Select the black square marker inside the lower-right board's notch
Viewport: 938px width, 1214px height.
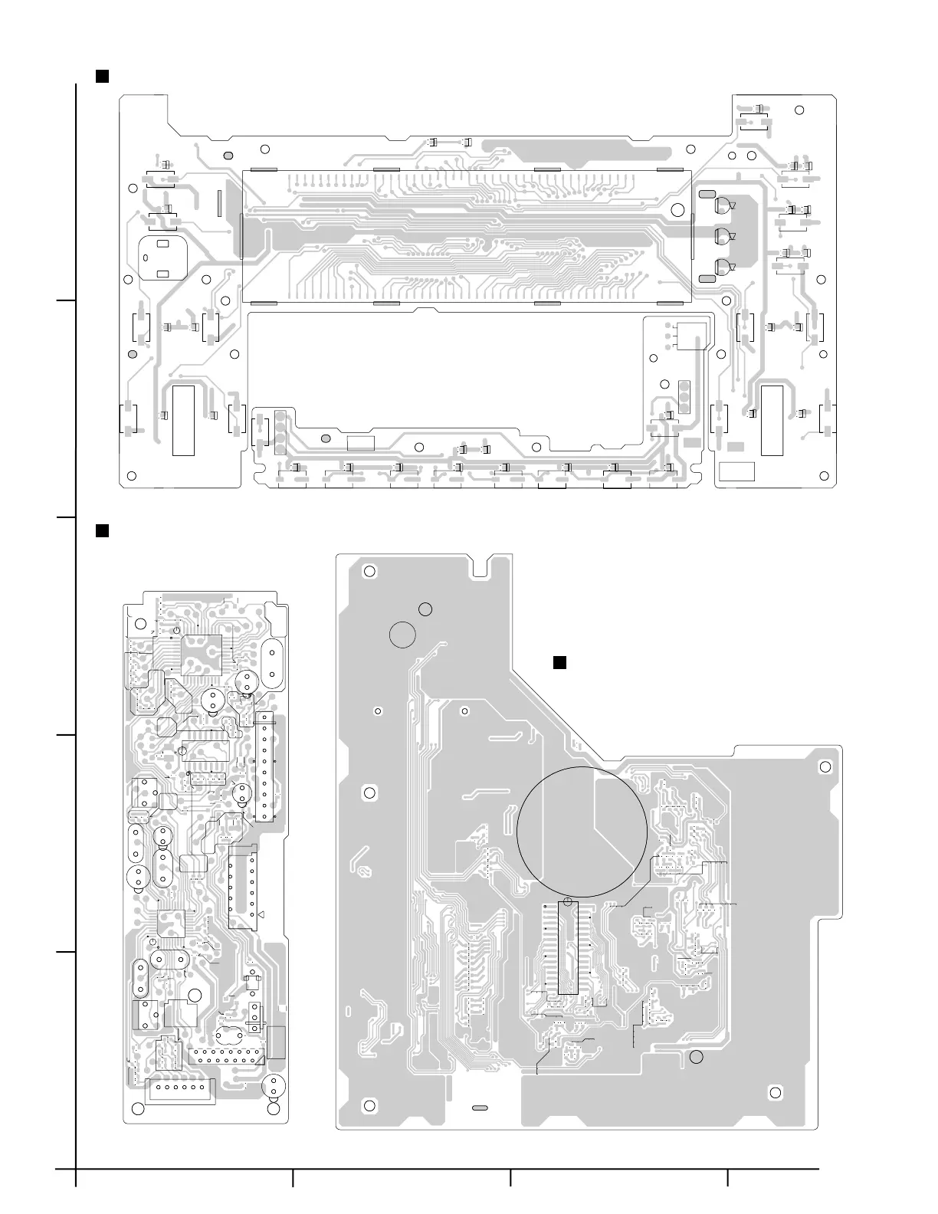[559, 662]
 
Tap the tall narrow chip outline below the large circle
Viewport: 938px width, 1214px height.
[567, 949]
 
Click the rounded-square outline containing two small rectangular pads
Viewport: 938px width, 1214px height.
[163, 259]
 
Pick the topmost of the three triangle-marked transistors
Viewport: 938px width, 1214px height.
[723, 205]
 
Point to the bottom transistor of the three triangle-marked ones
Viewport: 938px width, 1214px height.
[723, 267]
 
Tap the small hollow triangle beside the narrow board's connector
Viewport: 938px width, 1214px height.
[261, 915]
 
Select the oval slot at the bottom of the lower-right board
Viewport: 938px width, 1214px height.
[480, 1108]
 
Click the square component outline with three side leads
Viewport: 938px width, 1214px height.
[690, 335]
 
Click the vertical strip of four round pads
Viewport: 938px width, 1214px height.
[280, 431]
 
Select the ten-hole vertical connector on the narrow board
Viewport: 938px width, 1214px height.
[265, 766]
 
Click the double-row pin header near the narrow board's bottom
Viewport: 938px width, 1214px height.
[226, 1056]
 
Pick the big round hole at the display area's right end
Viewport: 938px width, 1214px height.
[677, 211]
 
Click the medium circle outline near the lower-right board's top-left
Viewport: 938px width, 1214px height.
[402, 635]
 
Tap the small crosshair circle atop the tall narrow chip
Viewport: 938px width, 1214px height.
[567, 901]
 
